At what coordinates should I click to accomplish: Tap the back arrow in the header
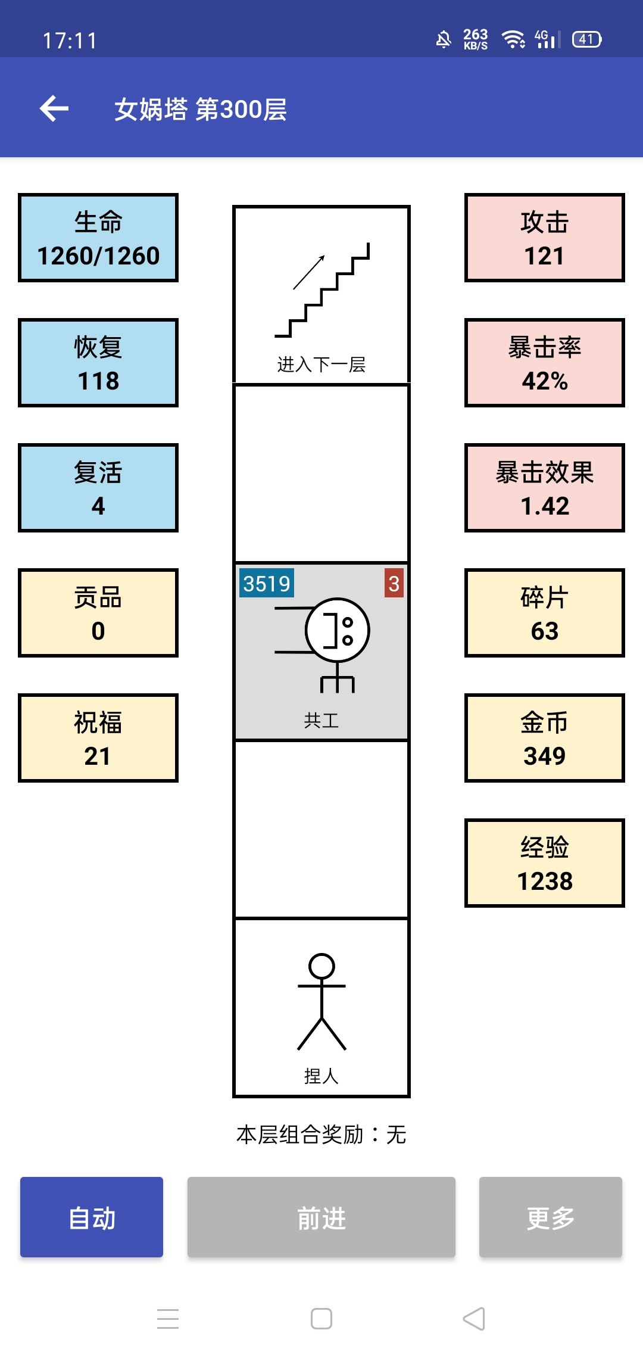coord(54,108)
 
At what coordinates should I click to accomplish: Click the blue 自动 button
coord(92,1217)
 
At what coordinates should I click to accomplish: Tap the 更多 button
coord(551,1217)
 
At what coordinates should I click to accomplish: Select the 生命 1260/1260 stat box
coord(98,238)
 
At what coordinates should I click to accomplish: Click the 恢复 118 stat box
coord(98,363)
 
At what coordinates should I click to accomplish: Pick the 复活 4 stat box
coord(98,488)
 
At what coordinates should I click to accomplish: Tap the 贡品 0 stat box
coord(98,613)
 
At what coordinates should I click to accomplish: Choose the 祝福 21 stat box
coord(98,738)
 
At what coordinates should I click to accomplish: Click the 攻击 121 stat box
coord(545,238)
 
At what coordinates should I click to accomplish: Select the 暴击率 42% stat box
coord(545,363)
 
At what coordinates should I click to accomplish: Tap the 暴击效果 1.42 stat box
coord(545,488)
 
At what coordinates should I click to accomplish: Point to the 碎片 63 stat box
coord(545,613)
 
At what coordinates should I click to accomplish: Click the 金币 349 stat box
coord(545,738)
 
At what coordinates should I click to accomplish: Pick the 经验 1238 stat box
coord(545,863)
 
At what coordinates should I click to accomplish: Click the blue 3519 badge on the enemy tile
coord(267,583)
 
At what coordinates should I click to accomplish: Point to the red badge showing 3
coord(394,583)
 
